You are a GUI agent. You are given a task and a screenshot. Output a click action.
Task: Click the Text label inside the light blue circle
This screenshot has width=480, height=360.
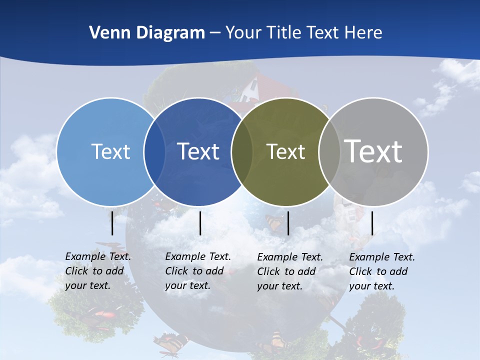(110, 151)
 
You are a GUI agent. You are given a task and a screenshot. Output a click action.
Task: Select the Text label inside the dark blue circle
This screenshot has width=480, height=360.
(198, 151)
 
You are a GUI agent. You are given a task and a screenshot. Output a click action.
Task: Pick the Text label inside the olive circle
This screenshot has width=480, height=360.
(285, 151)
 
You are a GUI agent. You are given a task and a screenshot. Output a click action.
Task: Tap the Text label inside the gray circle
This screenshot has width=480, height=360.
(373, 151)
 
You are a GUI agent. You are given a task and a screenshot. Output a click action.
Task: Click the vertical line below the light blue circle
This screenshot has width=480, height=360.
(112, 223)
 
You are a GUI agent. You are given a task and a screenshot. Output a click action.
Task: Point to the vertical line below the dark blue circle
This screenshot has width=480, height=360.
(200, 223)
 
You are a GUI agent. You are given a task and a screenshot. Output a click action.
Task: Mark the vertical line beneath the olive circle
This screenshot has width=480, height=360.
(288, 223)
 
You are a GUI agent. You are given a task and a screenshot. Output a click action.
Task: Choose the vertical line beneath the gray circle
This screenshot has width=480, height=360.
(372, 223)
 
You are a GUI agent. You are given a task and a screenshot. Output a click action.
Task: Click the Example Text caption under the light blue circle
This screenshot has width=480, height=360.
(98, 271)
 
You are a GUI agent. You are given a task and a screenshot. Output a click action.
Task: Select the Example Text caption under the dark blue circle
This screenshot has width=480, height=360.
(198, 271)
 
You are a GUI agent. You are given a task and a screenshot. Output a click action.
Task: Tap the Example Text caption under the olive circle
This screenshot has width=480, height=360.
(290, 271)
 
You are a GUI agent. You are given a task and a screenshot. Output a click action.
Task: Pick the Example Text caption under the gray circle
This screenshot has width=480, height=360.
(382, 271)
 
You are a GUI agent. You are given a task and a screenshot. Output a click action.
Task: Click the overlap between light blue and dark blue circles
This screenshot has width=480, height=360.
(154, 151)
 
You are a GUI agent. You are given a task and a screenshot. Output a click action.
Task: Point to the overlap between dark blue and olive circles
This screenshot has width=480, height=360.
(242, 151)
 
